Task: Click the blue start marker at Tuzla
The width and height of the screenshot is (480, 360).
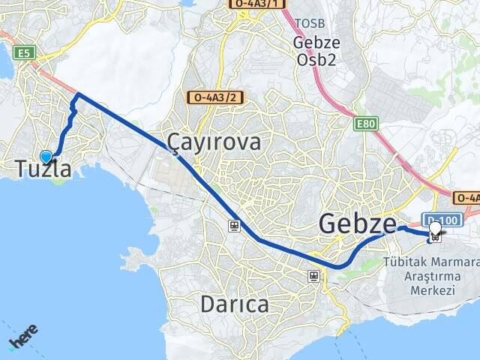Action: click(x=46, y=157)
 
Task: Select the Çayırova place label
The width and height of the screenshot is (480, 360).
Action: click(x=214, y=142)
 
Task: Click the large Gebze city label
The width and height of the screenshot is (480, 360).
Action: click(x=357, y=223)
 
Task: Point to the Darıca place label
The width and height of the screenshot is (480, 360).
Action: click(x=234, y=304)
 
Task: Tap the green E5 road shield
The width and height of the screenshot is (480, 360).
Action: click(x=25, y=52)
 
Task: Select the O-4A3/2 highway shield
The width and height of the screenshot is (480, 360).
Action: click(x=216, y=97)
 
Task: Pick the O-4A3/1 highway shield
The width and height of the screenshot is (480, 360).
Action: click(x=257, y=4)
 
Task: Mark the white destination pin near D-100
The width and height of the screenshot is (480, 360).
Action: click(x=435, y=229)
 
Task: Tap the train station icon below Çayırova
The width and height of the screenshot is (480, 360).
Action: click(x=235, y=225)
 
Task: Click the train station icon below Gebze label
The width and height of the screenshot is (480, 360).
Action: click(x=313, y=277)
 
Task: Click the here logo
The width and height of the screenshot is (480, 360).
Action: click(x=23, y=338)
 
